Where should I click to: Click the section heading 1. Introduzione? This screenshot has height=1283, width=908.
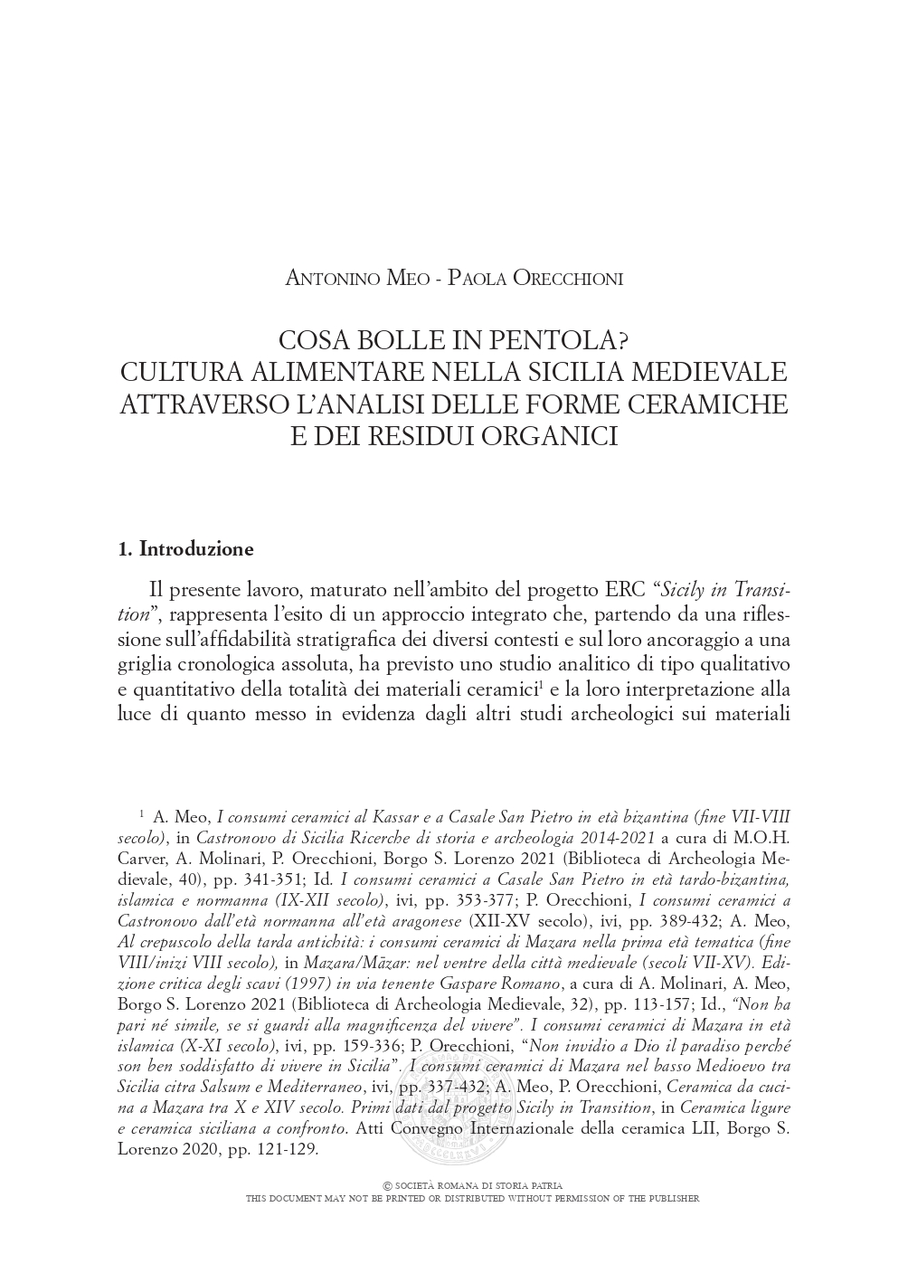[186, 549]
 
